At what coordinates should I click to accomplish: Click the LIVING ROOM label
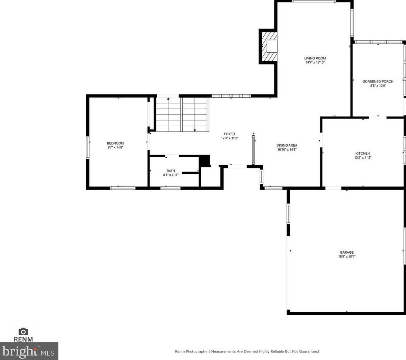pyautogui.click(x=315, y=58)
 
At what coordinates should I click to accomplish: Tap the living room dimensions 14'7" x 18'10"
pyautogui.click(x=315, y=62)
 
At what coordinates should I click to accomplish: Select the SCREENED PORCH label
pyautogui.click(x=378, y=81)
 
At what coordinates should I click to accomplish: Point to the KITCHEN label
pyautogui.click(x=362, y=153)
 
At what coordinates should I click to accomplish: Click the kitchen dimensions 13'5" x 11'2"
pyautogui.click(x=362, y=157)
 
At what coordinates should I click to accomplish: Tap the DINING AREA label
pyautogui.click(x=287, y=145)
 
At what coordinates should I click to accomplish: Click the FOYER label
pyautogui.click(x=229, y=134)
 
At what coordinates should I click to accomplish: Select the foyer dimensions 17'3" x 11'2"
pyautogui.click(x=229, y=138)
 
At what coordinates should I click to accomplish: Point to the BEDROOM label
pyautogui.click(x=115, y=143)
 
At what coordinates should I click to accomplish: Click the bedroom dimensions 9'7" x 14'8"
pyautogui.click(x=115, y=147)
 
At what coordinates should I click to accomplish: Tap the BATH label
pyautogui.click(x=171, y=171)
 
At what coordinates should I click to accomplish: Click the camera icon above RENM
pyautogui.click(x=23, y=332)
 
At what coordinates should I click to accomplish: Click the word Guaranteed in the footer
pyautogui.click(x=307, y=351)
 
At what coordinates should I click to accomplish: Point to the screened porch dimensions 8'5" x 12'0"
pyautogui.click(x=378, y=86)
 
